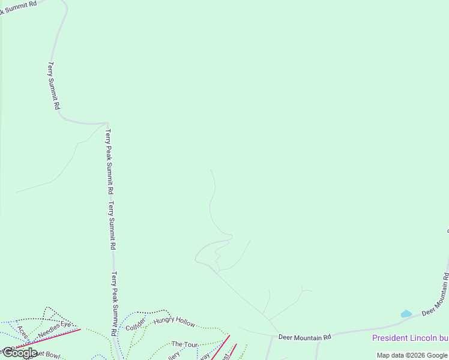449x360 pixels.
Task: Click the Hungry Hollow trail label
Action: (x=174, y=322)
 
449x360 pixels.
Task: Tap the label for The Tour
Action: (x=185, y=344)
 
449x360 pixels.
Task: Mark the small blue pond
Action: (x=406, y=314)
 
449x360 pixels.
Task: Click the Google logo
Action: (x=20, y=353)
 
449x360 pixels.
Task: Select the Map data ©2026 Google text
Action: (x=412, y=355)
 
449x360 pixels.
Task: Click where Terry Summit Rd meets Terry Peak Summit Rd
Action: (x=107, y=124)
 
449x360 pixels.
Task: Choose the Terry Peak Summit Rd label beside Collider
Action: (x=114, y=302)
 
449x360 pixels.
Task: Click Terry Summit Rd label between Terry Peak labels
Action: (x=112, y=225)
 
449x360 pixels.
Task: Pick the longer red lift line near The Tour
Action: (x=217, y=350)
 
